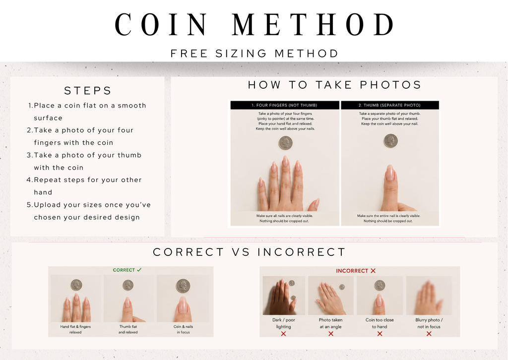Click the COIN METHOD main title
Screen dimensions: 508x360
254,24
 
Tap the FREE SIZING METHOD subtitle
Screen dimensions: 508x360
254,54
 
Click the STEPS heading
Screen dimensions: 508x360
88,91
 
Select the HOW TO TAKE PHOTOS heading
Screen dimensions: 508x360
334,85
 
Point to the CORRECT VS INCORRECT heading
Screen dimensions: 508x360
249,252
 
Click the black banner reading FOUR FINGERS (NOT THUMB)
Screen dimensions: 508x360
284,105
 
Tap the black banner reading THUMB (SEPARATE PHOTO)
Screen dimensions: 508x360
390,105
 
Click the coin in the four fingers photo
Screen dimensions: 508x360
286,143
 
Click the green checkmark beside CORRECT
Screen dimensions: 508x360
139,270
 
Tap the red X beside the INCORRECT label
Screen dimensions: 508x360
373,271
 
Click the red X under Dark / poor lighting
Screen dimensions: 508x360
283,333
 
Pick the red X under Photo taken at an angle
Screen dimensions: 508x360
331,333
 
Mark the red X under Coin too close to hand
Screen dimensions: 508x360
380,333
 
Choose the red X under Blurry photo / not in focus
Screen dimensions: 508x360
429,333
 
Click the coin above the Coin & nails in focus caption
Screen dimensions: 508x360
183,286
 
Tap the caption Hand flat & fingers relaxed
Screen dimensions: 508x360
75,329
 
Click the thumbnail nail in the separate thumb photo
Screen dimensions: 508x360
390,172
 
